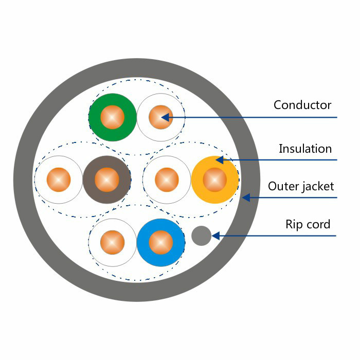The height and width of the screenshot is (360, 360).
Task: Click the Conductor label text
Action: pos(302,105)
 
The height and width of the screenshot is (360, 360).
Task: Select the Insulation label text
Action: pos(305,149)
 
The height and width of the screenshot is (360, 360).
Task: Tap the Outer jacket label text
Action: pos(301,186)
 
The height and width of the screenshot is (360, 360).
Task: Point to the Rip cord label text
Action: pos(308,225)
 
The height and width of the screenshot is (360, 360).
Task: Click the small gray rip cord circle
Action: pos(201,236)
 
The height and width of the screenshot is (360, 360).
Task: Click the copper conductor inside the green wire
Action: pos(113,118)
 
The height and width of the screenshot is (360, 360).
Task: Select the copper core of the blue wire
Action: pos(161,242)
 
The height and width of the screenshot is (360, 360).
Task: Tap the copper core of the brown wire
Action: pos(107,180)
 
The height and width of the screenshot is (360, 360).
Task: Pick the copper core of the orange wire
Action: pos(215,180)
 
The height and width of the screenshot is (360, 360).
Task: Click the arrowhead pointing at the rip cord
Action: pos(215,236)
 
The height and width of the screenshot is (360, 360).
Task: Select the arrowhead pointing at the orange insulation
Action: pos(219,159)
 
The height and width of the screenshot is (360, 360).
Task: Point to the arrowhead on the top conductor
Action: pos(165,117)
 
